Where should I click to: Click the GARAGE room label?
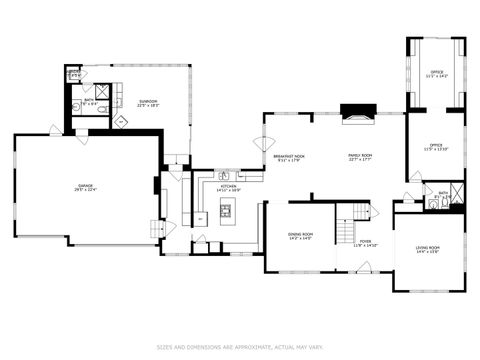click(85, 187)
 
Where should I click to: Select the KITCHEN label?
click(228, 187)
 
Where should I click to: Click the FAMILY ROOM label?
click(360, 157)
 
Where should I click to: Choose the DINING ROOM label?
click(300, 236)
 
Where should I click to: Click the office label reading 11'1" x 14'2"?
click(436, 73)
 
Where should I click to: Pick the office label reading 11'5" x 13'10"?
click(436, 147)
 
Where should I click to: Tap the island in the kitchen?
click(226, 211)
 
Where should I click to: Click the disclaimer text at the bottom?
click(240, 347)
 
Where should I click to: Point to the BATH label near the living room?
click(442, 195)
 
